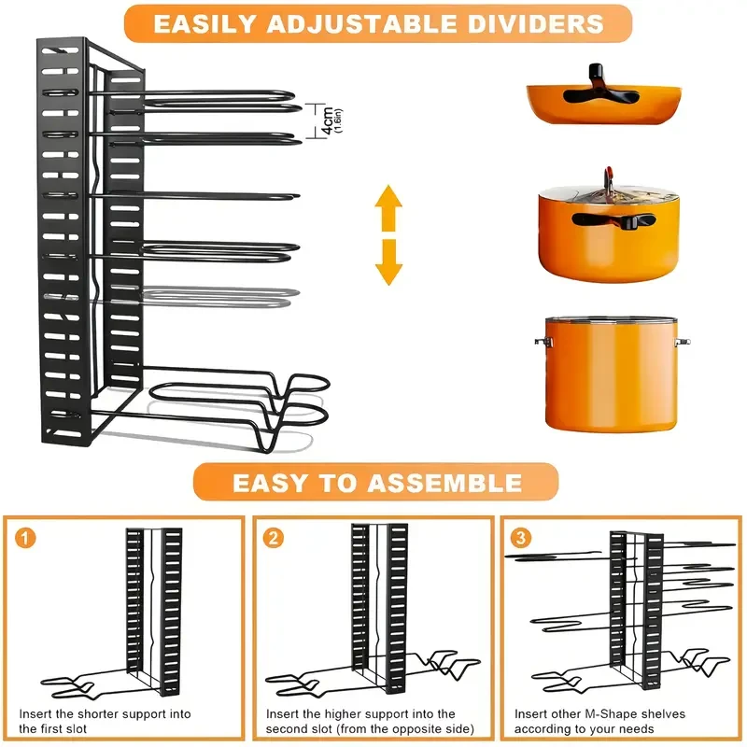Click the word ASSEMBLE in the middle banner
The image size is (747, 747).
444,482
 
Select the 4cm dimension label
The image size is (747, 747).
328,120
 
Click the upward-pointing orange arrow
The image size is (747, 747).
388,204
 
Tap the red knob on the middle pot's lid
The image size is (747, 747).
609,175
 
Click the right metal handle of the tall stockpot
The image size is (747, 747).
683,343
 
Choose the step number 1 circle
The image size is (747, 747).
25,538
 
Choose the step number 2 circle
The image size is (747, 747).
273,538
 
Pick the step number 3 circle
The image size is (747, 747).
521,538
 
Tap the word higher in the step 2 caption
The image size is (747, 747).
345,713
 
